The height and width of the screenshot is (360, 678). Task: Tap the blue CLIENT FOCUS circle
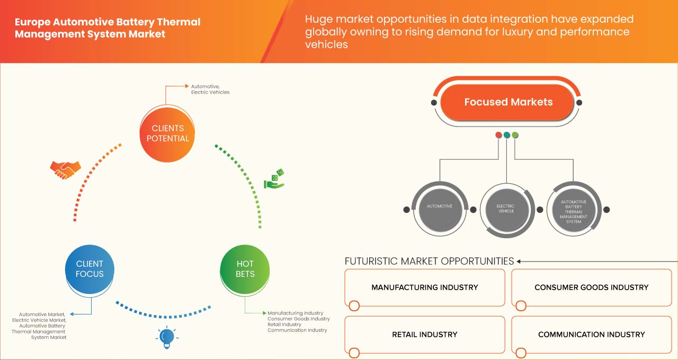click(90, 269)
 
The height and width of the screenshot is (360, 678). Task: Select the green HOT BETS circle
click(245, 269)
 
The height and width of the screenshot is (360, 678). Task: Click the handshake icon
click(65, 169)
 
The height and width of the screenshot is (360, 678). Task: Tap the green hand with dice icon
click(274, 179)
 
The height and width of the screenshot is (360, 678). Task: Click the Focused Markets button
click(507, 102)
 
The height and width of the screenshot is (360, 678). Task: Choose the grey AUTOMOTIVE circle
click(439, 206)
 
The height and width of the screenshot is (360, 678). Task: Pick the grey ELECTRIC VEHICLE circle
click(506, 209)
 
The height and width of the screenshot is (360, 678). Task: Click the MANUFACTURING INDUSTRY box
click(425, 287)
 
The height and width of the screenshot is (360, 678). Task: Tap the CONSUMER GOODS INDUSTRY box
click(591, 287)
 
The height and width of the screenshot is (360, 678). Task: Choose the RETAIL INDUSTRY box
click(425, 335)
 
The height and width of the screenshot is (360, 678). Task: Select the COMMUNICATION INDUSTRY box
click(591, 335)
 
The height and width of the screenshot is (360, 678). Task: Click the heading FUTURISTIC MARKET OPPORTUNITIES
click(430, 262)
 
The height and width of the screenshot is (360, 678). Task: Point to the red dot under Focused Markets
click(498, 135)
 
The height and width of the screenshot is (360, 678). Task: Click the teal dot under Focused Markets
click(507, 135)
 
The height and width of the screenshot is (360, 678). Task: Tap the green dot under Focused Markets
click(515, 135)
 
